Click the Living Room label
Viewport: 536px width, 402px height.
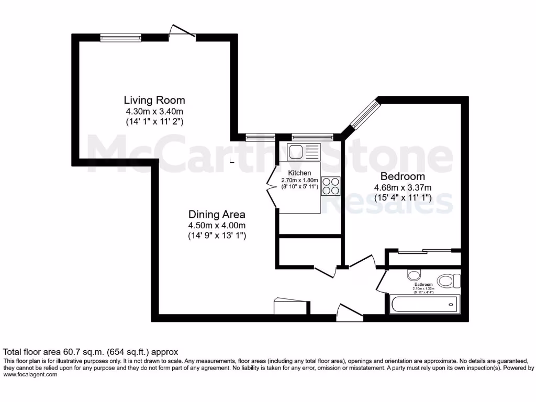(x=154, y=100)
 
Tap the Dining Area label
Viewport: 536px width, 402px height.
(x=217, y=214)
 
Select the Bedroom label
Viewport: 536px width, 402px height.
(x=403, y=176)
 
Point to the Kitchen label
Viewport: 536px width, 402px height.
(x=299, y=173)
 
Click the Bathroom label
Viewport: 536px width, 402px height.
(x=423, y=285)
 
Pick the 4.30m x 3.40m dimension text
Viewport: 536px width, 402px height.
(x=154, y=111)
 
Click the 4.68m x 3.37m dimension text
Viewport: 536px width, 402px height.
(x=403, y=188)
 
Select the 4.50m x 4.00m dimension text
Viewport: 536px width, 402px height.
(x=217, y=225)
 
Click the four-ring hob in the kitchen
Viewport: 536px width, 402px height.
(x=330, y=185)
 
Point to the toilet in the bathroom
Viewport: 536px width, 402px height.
(x=448, y=281)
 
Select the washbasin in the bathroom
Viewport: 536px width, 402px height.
(x=414, y=275)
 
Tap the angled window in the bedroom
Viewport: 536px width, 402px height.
(x=364, y=114)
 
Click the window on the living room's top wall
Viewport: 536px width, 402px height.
(x=121, y=37)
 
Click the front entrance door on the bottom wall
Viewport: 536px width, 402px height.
(x=349, y=312)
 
